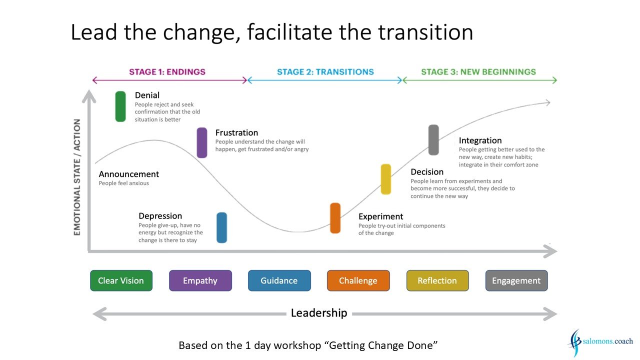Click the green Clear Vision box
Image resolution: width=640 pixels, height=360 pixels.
pyautogui.click(x=121, y=280)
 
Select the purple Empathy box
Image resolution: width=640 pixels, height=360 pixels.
pyautogui.click(x=200, y=280)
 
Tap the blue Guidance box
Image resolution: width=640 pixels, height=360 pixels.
pyautogui.click(x=279, y=280)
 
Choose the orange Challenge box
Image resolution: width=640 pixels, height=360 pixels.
pyautogui.click(x=358, y=280)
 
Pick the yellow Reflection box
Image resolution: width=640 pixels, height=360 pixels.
pyautogui.click(x=437, y=280)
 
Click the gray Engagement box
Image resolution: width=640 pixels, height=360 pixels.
pyautogui.click(x=516, y=280)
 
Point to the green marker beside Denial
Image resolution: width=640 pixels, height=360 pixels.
pyautogui.click(x=120, y=106)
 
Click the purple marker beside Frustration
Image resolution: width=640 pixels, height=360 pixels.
pyautogui.click(x=202, y=142)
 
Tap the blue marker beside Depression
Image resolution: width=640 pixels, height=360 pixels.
pyautogui.click(x=221, y=227)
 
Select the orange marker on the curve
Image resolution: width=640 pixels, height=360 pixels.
pyautogui.click(x=335, y=218)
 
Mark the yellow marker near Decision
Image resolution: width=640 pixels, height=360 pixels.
pyautogui.click(x=386, y=179)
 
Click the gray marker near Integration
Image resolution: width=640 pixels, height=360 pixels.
pyautogui.click(x=433, y=140)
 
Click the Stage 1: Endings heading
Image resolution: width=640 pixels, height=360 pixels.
pyautogui.click(x=167, y=71)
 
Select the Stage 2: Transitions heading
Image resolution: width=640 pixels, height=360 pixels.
pyautogui.click(x=325, y=71)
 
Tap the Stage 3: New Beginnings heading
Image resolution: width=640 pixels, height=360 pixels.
pyautogui.click(x=478, y=71)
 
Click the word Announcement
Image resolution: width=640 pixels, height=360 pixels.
pyautogui.click(x=129, y=174)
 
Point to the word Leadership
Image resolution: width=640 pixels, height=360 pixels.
pyautogui.click(x=319, y=313)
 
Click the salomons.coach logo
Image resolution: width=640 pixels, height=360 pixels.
pyautogui.click(x=600, y=342)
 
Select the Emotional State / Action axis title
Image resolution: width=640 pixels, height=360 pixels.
pyautogui.click(x=77, y=177)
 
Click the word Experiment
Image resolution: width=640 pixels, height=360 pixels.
pyautogui.click(x=381, y=216)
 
